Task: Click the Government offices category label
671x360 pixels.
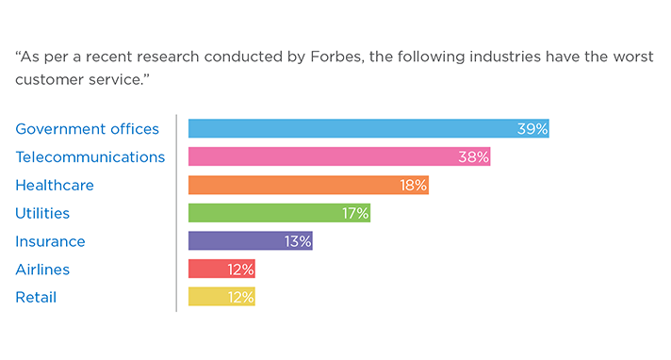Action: coord(88,129)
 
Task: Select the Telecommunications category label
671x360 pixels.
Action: coord(90,157)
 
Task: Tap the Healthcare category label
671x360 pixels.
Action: coord(55,186)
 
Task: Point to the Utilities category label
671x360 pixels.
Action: coord(42,214)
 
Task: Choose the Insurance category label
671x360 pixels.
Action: coord(50,242)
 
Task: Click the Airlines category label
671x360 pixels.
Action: coord(42,270)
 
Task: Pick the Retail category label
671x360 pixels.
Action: coord(36,298)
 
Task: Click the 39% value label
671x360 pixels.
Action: coord(532,129)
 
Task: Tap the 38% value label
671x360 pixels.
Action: coord(473,157)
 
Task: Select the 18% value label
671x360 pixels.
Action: coord(413,186)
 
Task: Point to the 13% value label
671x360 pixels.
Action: coord(297,242)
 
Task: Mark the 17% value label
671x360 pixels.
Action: coord(354,214)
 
